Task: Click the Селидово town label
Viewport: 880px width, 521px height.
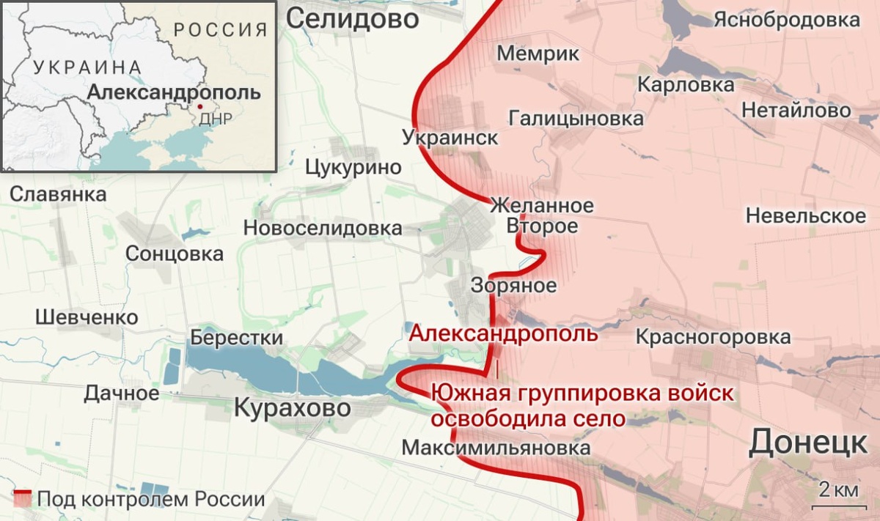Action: coord(352,19)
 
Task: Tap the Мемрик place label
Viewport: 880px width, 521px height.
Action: coord(538,53)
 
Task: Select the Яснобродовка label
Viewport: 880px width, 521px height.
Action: coord(787,20)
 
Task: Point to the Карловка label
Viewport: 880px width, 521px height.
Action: coord(686,85)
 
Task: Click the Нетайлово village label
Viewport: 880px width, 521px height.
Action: coord(796,111)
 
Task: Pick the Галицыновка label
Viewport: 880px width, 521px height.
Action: coord(576,118)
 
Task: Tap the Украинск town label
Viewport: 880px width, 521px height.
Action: coord(450,137)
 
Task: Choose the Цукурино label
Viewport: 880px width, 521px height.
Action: coord(353,167)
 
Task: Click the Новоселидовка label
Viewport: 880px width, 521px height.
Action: coord(323,229)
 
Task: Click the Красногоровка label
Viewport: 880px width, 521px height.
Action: coord(713,337)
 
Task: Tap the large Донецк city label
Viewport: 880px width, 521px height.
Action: coord(808,443)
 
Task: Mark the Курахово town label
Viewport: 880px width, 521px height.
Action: coord(292,407)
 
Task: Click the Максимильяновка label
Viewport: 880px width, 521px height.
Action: coord(496,447)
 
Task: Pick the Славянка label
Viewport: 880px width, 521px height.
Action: coord(58,195)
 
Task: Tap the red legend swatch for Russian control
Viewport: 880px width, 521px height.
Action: coord(22,499)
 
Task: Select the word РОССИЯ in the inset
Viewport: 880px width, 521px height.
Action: coord(220,30)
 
